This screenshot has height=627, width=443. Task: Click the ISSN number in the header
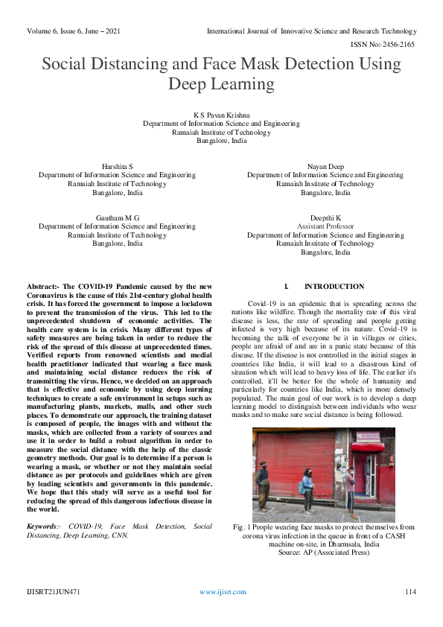click(387, 45)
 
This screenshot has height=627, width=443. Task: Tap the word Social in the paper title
click(70, 64)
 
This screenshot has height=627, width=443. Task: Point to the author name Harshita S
click(118, 166)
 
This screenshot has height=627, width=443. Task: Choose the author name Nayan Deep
click(325, 166)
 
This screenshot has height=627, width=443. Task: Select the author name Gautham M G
click(118, 217)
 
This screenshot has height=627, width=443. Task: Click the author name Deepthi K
click(325, 217)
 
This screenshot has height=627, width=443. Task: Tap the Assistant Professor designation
click(325, 226)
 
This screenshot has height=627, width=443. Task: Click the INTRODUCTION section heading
click(334, 287)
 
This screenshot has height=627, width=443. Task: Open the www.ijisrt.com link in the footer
click(223, 592)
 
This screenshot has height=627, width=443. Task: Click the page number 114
click(409, 592)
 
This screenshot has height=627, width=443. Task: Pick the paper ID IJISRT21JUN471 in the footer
click(53, 592)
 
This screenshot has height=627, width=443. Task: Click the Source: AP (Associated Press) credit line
click(325, 553)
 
